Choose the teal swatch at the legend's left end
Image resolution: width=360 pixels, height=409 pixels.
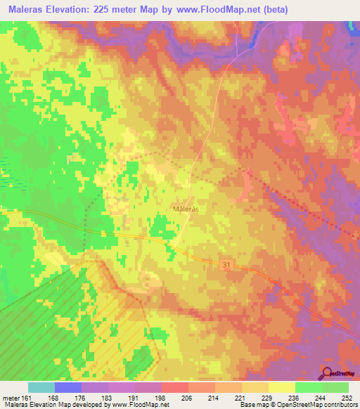pyautogui.click(x=41, y=387)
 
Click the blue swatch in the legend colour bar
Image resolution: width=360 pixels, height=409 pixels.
pyautogui.click(x=68, y=387)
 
